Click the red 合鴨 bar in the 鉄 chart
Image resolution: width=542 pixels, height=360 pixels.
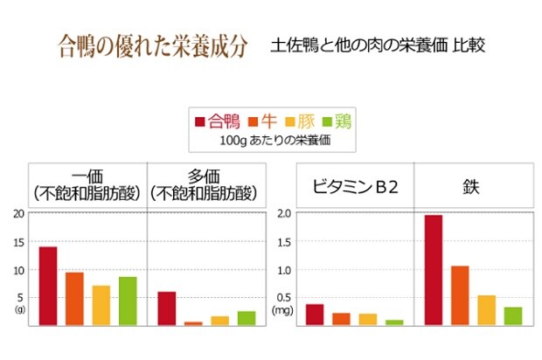click(434, 270)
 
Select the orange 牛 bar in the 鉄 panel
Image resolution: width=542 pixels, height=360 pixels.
click(460, 295)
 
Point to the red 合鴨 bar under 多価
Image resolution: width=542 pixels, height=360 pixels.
click(167, 308)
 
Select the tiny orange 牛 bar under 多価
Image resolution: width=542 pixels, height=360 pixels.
click(193, 323)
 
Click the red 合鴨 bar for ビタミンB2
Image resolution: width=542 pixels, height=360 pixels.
click(315, 315)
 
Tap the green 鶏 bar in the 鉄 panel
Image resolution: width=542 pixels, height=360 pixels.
click(513, 316)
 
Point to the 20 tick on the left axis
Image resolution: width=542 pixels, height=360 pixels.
click(19, 213)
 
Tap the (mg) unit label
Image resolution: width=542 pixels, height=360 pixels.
click(282, 310)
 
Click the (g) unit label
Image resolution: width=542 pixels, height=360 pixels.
click(20, 309)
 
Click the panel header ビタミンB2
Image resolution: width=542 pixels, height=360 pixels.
click(355, 186)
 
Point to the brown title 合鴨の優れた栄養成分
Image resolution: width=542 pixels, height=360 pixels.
click(152, 43)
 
